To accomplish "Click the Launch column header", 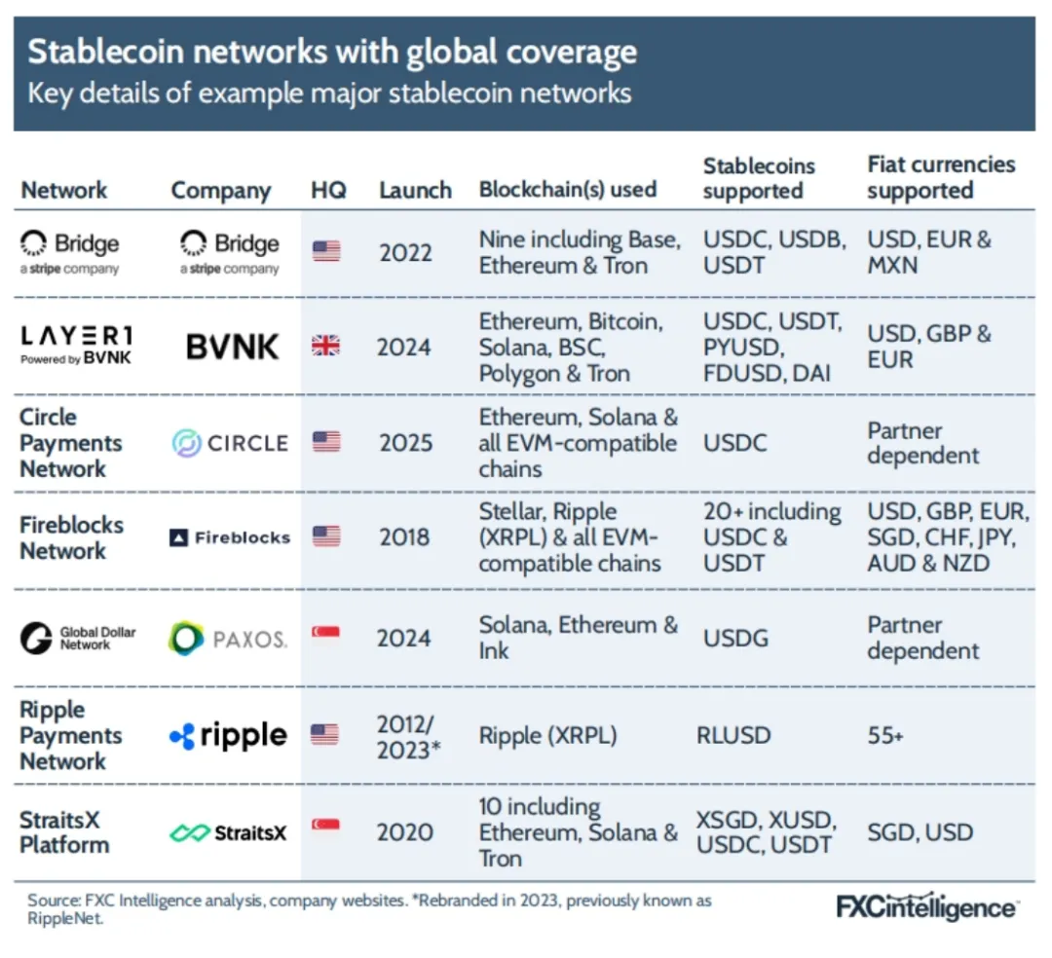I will pos(415,190).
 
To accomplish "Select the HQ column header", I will pos(328,190).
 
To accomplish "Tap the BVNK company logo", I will pos(233,347).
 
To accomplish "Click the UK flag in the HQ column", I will pos(326,347).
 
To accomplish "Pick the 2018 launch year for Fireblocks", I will pos(404,536).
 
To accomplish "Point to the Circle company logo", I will pos(230,443).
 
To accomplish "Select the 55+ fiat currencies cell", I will pos(885,736).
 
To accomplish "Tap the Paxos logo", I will pos(227,639).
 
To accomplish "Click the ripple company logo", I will pos(228,736).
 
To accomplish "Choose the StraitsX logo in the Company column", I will pos(228,832).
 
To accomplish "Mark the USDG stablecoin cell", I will pos(735,639).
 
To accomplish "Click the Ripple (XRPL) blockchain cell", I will pos(547,736).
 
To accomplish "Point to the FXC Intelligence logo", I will pos(926,907).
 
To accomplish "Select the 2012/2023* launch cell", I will pos(404,737).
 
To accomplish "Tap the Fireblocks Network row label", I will pos(71,537).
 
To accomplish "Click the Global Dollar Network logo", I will pos(77,639).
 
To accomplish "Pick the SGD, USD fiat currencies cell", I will pos(920,832).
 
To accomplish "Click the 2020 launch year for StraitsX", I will pos(404,832).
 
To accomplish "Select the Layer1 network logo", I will pos(77,346).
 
